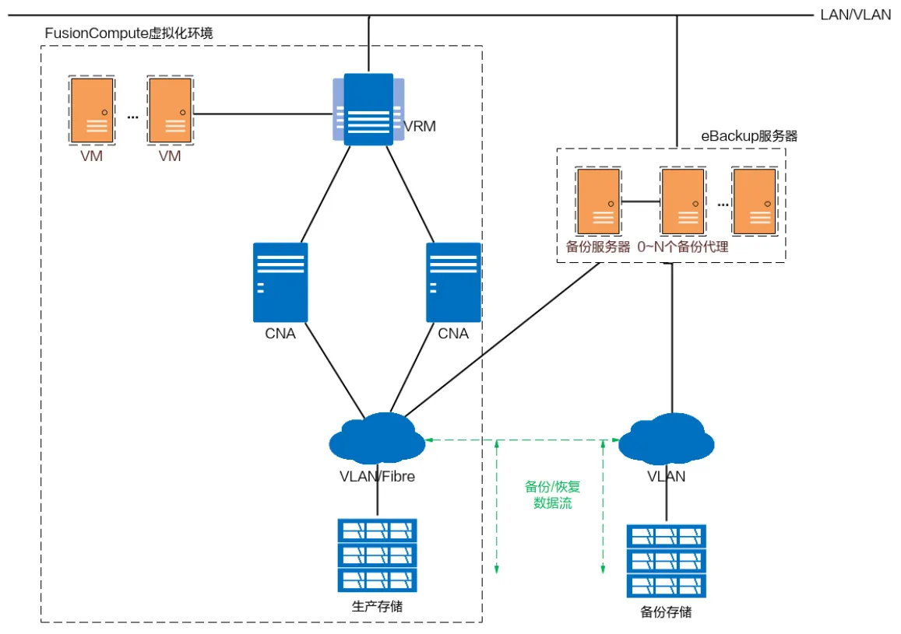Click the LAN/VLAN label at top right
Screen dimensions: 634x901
855,15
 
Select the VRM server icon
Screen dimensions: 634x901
368,109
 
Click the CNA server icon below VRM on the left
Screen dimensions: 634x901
280,282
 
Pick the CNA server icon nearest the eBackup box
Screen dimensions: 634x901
453,282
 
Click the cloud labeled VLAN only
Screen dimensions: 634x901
667,440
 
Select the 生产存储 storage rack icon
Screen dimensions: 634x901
378,554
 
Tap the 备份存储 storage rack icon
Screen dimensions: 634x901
667,559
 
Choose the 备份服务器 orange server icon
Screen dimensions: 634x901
598,201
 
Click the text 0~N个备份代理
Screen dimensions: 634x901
683,247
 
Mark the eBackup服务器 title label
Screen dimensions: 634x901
749,136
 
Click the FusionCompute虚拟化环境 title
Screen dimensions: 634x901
129,33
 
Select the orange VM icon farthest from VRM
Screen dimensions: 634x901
92,110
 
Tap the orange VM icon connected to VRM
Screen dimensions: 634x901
170,110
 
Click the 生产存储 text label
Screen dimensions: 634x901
378,606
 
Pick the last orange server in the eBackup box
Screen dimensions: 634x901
755,201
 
